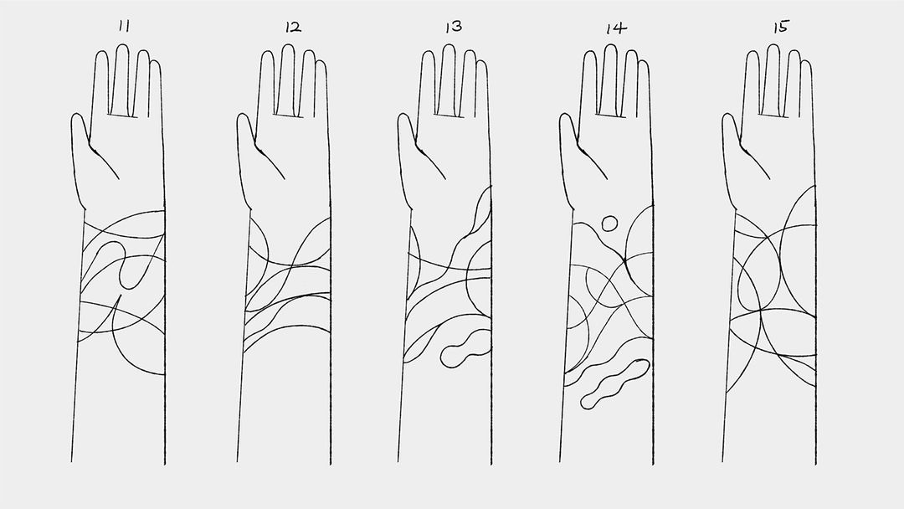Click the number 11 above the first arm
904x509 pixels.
124,26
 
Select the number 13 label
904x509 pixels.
453,26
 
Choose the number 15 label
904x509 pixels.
779,26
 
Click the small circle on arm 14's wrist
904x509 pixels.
609,223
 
